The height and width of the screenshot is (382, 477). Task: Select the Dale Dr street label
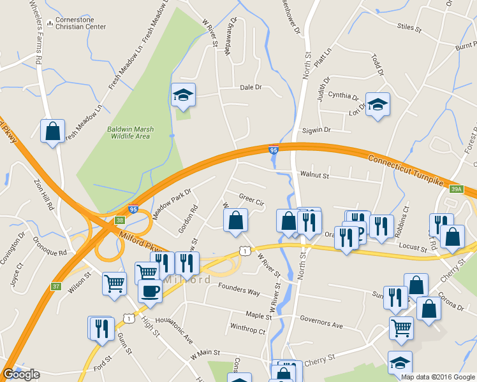[x=251, y=87]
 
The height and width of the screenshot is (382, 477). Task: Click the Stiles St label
[x=409, y=28]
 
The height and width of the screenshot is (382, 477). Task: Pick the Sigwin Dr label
[x=317, y=130]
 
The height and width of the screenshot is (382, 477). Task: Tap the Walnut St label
[x=314, y=175]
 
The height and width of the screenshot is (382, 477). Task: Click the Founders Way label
[x=239, y=292]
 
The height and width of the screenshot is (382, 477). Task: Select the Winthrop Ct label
[x=247, y=330]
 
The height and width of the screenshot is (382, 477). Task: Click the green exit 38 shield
[x=120, y=220]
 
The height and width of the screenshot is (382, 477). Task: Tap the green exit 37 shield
[x=56, y=286]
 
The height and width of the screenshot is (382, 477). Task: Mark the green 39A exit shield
[x=456, y=189]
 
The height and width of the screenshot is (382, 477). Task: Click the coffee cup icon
[x=150, y=291]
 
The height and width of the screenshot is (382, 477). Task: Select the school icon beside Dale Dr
[x=184, y=95]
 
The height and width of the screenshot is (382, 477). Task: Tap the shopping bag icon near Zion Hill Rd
[x=53, y=131]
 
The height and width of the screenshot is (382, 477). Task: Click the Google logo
[x=21, y=374]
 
